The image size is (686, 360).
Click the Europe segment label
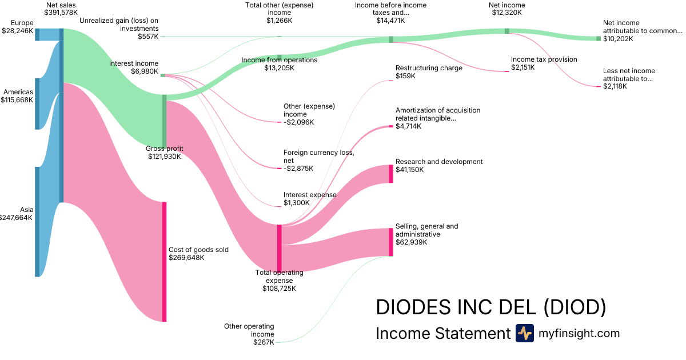coord(22,23)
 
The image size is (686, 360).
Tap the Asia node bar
coord(37,222)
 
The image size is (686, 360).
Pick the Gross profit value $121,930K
coord(164,157)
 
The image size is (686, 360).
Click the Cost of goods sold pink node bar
coord(164,262)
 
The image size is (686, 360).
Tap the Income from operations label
coord(279,60)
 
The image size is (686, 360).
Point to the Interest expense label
coord(310,195)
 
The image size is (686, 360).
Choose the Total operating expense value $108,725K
coord(279,289)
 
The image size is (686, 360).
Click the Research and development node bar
coord(391,174)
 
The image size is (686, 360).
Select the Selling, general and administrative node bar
coord(391,242)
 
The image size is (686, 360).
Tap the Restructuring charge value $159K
coord(405,76)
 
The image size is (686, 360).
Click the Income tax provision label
coord(544,59)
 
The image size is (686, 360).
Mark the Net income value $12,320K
coord(506,13)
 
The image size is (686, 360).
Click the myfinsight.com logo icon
coord(524,333)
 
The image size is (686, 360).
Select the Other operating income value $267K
coord(264,342)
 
